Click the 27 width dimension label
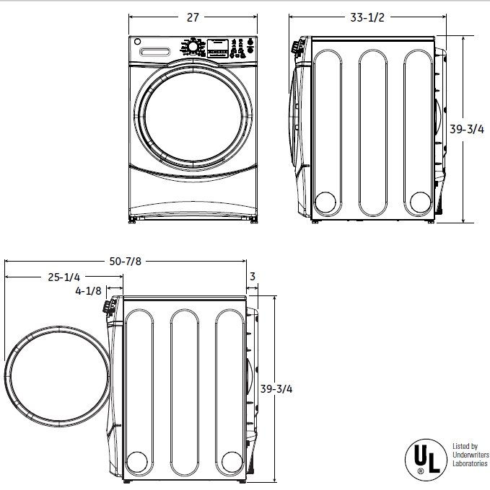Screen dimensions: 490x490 (x=193, y=18)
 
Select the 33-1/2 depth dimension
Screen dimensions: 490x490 (x=367, y=18)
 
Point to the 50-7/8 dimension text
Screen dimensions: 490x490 (x=125, y=262)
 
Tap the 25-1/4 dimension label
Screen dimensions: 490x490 (x=64, y=277)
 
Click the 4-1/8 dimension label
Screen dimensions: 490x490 (x=88, y=292)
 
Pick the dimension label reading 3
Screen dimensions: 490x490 (x=253, y=277)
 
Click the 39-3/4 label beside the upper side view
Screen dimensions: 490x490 (x=466, y=130)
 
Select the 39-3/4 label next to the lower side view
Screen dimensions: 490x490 (x=276, y=389)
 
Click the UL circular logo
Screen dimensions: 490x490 (x=424, y=459)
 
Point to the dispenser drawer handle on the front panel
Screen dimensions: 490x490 (x=157, y=52)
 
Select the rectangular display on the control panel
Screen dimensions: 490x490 (x=218, y=46)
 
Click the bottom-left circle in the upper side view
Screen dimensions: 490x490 (x=326, y=203)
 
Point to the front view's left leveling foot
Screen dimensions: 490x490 (x=133, y=220)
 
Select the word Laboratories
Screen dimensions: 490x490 (x=470, y=464)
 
